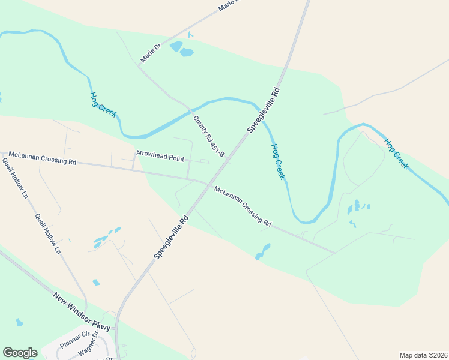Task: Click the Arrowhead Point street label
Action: [x=160, y=154]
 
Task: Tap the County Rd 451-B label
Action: [x=208, y=136]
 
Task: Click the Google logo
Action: [x=20, y=353]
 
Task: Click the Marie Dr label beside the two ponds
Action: [x=151, y=53]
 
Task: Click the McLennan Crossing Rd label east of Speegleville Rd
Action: [x=243, y=206]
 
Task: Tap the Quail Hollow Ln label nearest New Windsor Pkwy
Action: [x=47, y=233]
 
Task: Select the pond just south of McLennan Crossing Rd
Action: [x=263, y=251]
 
